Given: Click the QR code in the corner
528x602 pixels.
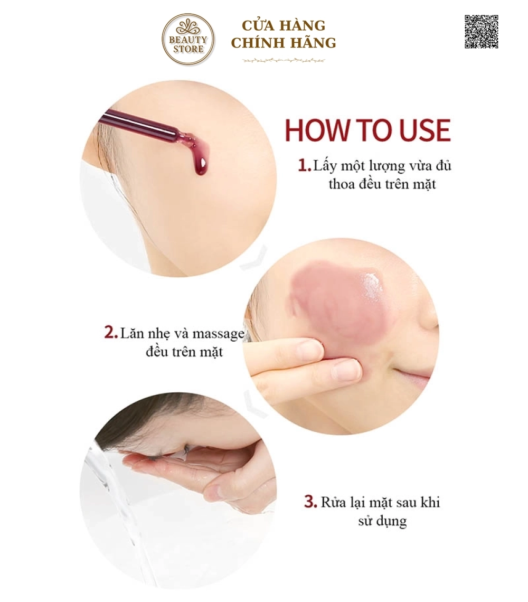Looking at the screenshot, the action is (x=481, y=32).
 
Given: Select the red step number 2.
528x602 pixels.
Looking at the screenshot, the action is (x=110, y=333).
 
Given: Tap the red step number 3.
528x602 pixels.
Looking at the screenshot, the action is (x=310, y=502).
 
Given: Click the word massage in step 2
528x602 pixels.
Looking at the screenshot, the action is (x=218, y=333).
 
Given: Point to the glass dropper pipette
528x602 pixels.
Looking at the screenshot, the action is (x=144, y=124).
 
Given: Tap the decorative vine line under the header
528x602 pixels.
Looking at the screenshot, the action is (x=284, y=60).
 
